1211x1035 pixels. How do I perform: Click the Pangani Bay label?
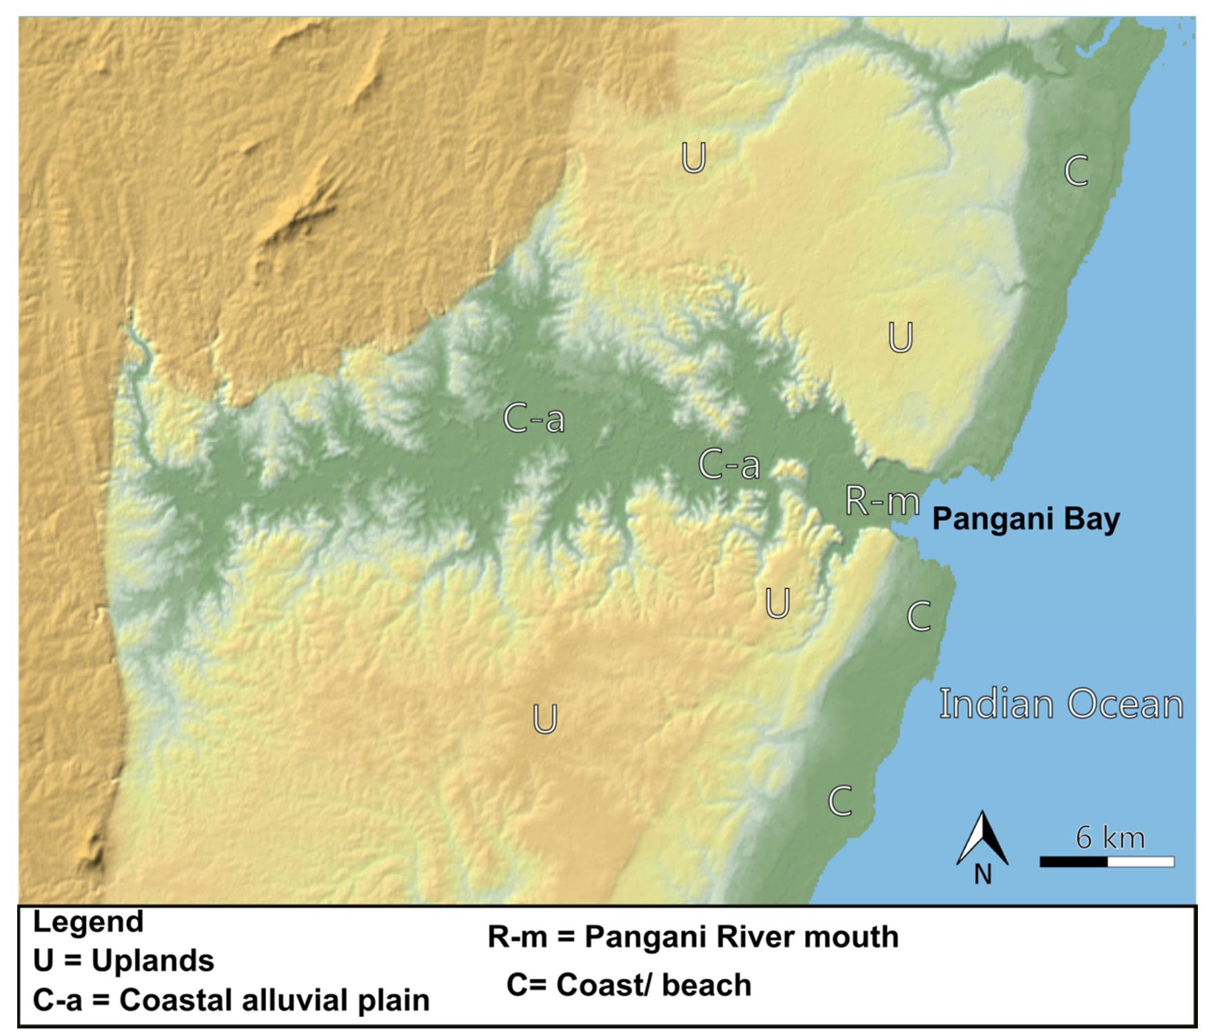click(x=1026, y=519)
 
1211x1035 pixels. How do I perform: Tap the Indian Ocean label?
click(x=1061, y=704)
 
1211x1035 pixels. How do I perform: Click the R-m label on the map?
click(x=882, y=501)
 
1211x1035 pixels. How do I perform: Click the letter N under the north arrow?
click(x=983, y=874)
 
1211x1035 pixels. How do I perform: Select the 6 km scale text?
click(x=1110, y=837)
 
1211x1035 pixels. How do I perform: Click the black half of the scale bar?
click(x=1073, y=861)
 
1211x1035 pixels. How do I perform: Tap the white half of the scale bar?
click(x=1141, y=861)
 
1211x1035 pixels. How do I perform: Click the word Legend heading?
click(x=88, y=922)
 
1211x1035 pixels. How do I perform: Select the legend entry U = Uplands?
click(x=123, y=960)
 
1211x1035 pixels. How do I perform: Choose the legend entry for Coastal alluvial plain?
click(x=231, y=1000)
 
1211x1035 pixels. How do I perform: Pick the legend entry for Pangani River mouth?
click(x=693, y=936)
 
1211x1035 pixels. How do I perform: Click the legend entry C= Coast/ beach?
click(x=629, y=985)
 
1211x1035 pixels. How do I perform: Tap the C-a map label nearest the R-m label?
click(x=729, y=464)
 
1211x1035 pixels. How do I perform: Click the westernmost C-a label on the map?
click(x=533, y=418)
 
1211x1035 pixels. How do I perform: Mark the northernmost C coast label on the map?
click(x=1076, y=170)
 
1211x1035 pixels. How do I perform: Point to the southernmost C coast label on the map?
click(x=840, y=801)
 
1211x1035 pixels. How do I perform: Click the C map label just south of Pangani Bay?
click(x=919, y=616)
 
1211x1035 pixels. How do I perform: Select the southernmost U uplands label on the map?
click(x=545, y=719)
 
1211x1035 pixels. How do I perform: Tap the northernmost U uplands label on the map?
click(x=693, y=158)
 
